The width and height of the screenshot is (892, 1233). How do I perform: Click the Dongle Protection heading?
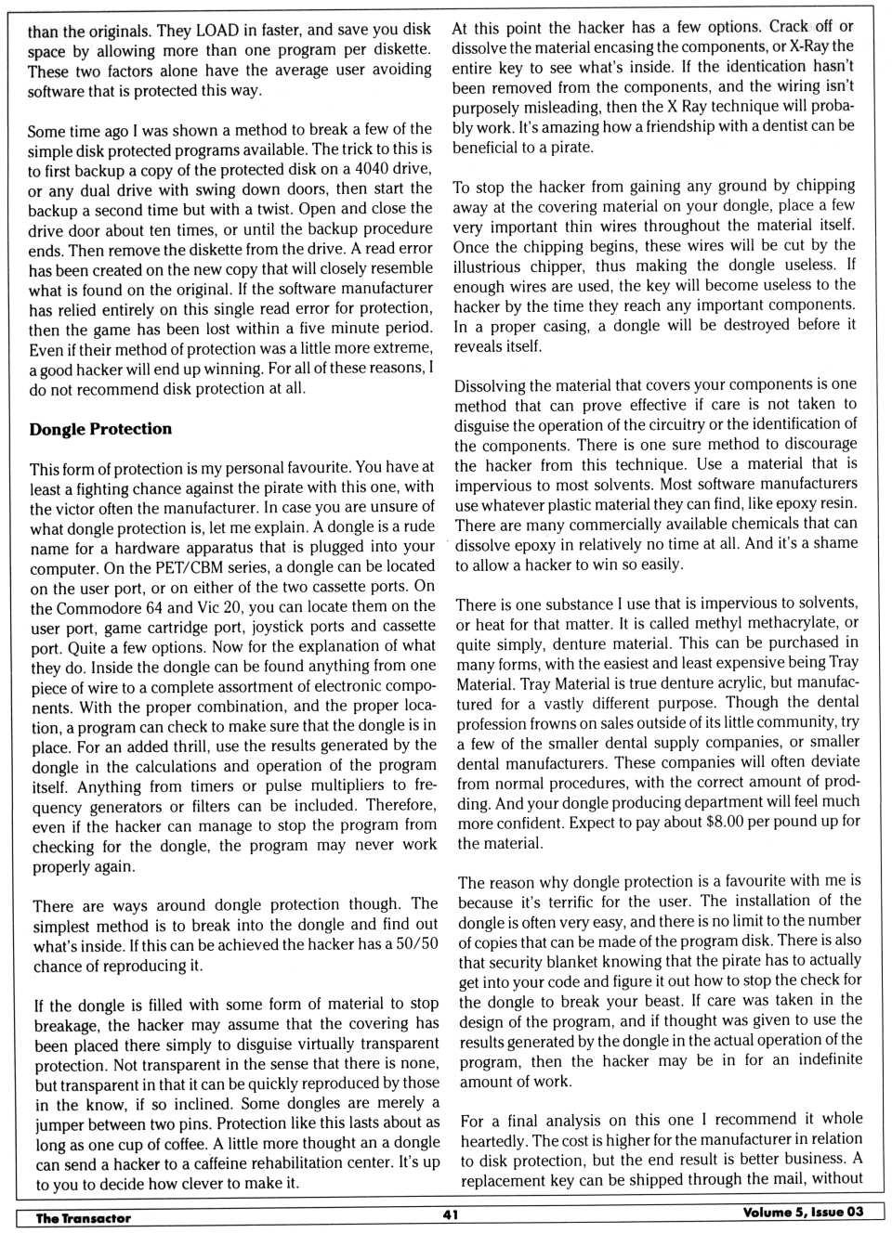100,429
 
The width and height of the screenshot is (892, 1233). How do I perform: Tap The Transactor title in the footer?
83,1217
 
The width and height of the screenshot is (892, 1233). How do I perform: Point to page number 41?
451,1214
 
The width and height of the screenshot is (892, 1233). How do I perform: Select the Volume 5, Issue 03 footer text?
803,1212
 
